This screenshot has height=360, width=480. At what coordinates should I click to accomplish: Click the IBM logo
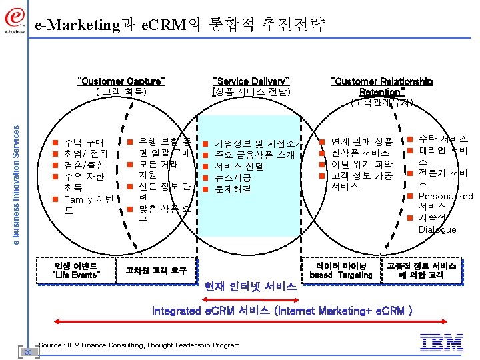click(x=442, y=343)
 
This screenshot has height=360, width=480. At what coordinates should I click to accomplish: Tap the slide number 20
click(x=28, y=351)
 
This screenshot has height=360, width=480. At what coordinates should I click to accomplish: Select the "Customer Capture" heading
click(x=121, y=81)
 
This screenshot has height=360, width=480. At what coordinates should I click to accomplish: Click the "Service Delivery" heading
click(x=251, y=81)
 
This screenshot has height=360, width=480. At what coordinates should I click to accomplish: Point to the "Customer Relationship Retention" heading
click(x=382, y=86)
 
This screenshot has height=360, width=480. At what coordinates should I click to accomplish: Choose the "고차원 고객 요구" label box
click(x=151, y=270)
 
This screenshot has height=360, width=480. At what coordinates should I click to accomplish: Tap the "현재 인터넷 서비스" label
click(x=252, y=287)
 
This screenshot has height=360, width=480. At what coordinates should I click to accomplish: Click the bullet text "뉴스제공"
click(x=233, y=178)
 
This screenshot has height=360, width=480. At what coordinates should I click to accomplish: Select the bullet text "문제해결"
click(x=233, y=190)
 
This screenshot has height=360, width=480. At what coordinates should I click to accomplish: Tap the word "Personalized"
click(x=445, y=196)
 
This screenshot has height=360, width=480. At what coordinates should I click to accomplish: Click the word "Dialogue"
click(x=437, y=229)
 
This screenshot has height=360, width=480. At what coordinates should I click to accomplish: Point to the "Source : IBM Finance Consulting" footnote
click(x=139, y=345)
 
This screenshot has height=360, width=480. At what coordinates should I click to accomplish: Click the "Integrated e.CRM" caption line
click(x=282, y=311)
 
